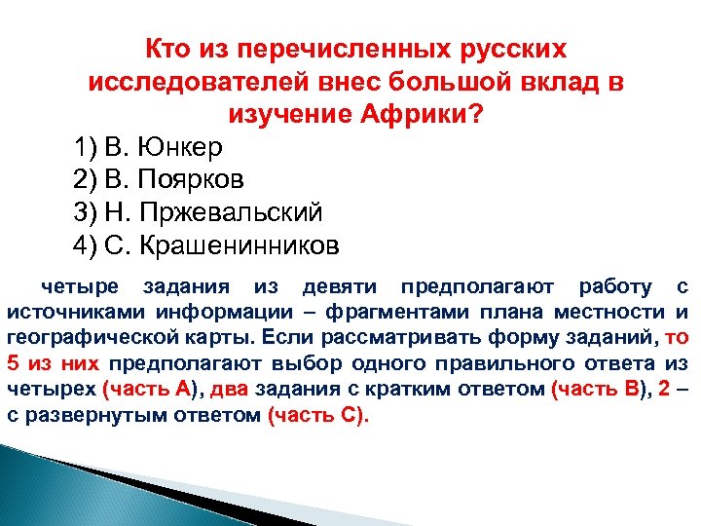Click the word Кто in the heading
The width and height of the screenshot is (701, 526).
click(169, 48)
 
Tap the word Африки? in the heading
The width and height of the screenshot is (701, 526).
click(425, 114)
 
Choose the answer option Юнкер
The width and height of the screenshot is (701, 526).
click(182, 147)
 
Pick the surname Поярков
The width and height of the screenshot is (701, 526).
click(190, 179)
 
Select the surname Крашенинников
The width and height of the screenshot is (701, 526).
click(240, 245)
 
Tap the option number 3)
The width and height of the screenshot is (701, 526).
click(86, 212)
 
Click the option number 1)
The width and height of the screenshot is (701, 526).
click(86, 147)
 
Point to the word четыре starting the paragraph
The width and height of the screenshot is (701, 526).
click(79, 286)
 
